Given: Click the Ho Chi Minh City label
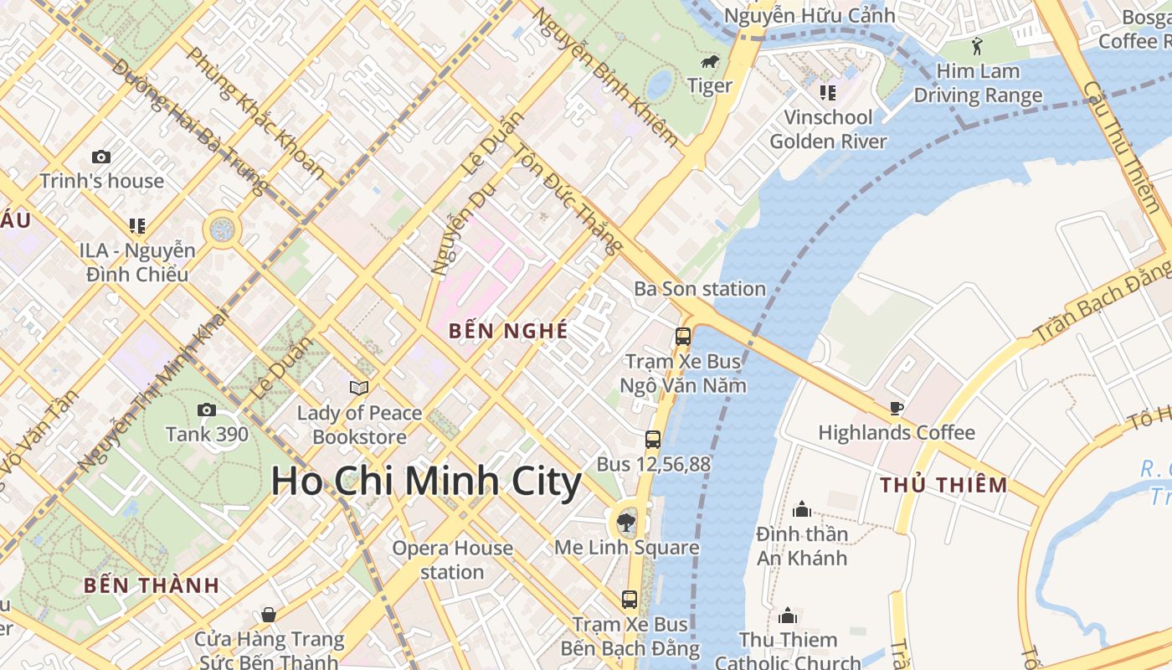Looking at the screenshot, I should point(426,482).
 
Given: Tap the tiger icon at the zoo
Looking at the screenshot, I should point(710,62).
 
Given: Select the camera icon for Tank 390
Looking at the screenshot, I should point(206,410).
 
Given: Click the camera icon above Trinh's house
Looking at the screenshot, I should point(101,157).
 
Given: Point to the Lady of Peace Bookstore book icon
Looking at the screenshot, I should point(359,388).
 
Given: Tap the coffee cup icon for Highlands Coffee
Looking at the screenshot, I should point(896,409).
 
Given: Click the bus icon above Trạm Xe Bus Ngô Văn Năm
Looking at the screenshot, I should point(683,337).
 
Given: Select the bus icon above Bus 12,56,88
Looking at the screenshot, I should point(653,439).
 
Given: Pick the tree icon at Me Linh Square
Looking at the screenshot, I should point(625,523).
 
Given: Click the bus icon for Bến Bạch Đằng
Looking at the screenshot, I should point(630,600).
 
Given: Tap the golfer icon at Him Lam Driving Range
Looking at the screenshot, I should point(977,46).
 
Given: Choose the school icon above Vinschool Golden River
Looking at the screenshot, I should point(827,92).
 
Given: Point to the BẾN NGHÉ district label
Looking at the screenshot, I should point(508,331).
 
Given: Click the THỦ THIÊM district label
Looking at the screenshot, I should point(943,485).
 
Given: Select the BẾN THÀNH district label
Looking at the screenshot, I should point(152,585).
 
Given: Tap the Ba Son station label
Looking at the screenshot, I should point(700,289).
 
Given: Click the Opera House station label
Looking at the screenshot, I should point(452,559).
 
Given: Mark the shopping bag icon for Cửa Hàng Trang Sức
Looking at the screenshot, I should point(269,615).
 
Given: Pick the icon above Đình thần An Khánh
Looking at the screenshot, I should point(802,509).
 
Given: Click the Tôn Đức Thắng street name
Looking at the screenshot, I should point(568,199).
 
